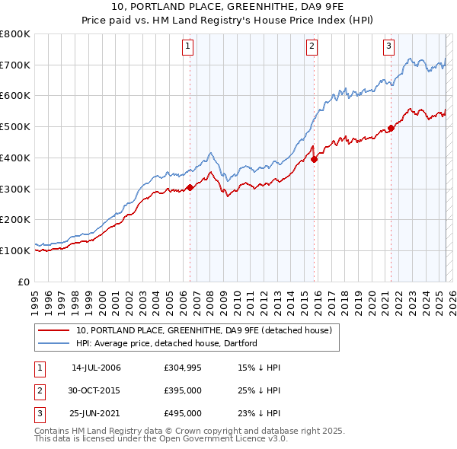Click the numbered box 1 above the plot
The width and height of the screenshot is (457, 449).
[x=188, y=46]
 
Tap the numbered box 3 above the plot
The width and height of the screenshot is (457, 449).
[x=388, y=46]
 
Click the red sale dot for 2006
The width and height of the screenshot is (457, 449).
[x=190, y=187]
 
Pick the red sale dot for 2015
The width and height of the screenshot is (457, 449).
[x=315, y=159]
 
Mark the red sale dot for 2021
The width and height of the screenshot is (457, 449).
[x=391, y=129]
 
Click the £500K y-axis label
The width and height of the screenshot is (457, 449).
[x=15, y=127]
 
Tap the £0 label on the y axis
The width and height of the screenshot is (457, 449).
[x=23, y=282]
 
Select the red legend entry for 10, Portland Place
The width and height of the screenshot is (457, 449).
[x=203, y=331]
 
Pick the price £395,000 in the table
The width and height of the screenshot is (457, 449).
[x=183, y=391]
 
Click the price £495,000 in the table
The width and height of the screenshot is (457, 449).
[x=183, y=414]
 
